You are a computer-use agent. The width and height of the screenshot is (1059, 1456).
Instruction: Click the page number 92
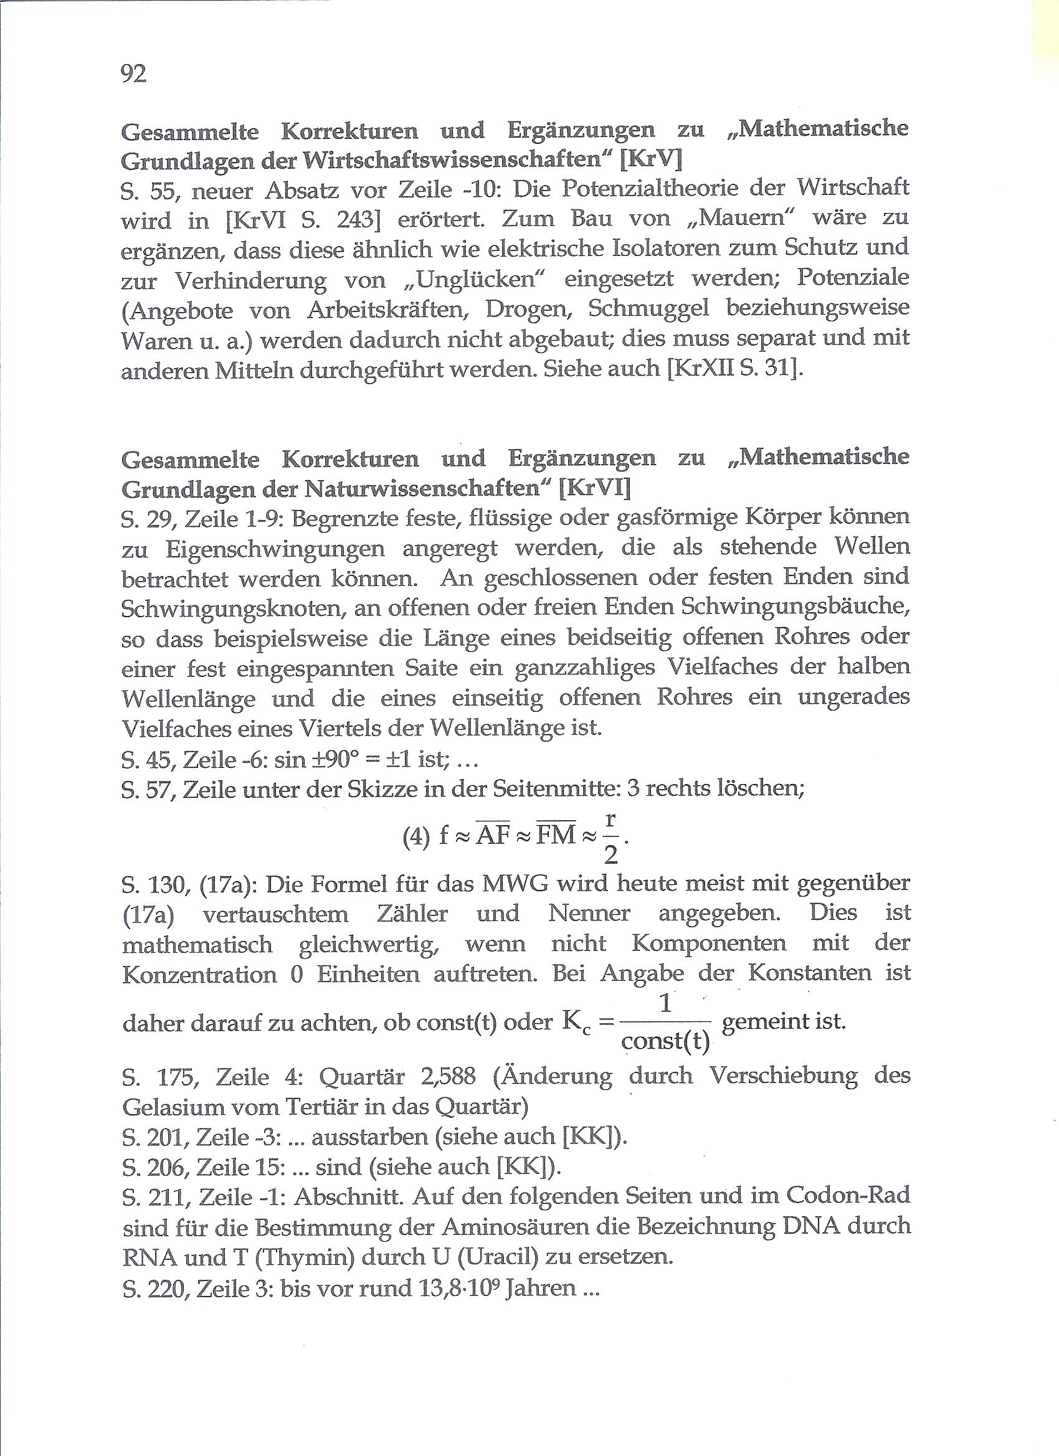click(x=133, y=74)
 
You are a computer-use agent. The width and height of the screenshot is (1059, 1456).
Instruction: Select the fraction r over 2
click(x=610, y=837)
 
